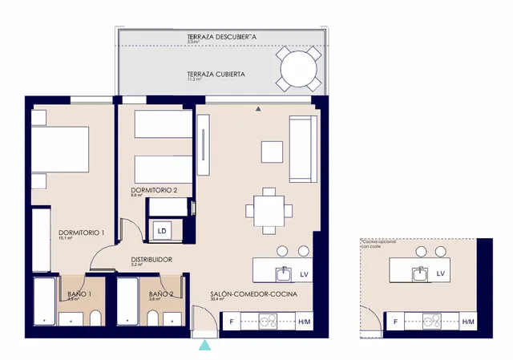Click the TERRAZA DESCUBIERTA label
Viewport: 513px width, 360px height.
(x=221, y=37)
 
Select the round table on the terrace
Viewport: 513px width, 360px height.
(x=300, y=68)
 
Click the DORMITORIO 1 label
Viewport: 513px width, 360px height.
(x=82, y=233)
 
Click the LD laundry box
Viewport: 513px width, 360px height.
(x=162, y=231)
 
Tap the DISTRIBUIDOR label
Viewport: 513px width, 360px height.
(x=151, y=259)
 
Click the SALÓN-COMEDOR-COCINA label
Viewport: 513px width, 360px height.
(x=253, y=295)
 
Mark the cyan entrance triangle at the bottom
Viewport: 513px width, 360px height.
(x=206, y=345)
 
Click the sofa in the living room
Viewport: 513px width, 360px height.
(x=302, y=148)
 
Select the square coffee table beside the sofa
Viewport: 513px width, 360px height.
(x=272, y=151)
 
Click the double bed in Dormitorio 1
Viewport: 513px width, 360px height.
(x=60, y=151)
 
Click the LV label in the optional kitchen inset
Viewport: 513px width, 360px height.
(x=441, y=273)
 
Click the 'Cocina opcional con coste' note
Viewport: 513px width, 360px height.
(x=378, y=243)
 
